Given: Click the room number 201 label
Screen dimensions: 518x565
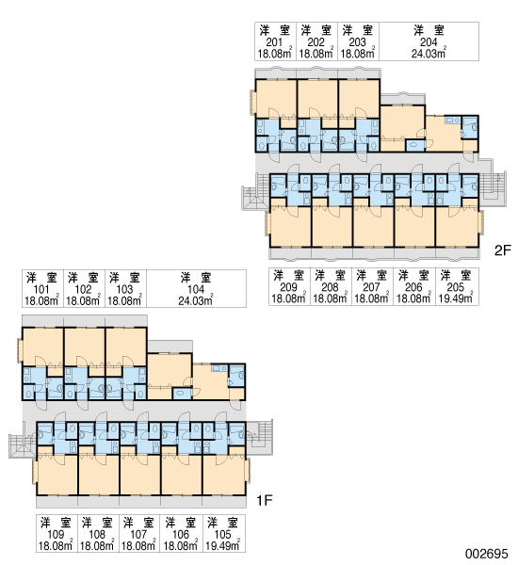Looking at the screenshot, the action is (x=274, y=42).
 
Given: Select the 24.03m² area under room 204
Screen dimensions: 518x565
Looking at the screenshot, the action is (x=429, y=54).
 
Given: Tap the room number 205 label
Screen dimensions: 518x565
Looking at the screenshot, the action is (x=456, y=287).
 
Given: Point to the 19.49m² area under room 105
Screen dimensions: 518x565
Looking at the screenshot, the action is (x=223, y=545).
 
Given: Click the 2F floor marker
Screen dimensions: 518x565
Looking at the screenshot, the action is (x=503, y=250).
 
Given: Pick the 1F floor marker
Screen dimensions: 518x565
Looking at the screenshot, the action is (x=265, y=500).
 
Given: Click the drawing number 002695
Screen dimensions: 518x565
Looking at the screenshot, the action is (x=486, y=553).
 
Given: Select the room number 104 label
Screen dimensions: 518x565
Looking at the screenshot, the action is (x=196, y=289).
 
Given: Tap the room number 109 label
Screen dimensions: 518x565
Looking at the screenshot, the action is (x=56, y=534).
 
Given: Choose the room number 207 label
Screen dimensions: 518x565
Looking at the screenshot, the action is (x=372, y=287).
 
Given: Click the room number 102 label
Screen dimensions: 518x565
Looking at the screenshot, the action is (x=83, y=289).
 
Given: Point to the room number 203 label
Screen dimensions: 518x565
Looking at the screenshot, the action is (x=357, y=42).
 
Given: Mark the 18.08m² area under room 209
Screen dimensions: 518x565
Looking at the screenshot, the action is (x=288, y=299).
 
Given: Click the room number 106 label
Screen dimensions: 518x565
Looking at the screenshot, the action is (x=181, y=534).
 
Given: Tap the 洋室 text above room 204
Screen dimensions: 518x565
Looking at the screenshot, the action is (x=429, y=31).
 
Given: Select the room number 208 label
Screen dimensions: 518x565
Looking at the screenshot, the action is (x=330, y=287).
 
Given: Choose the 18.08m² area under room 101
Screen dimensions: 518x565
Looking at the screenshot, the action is (x=41, y=300).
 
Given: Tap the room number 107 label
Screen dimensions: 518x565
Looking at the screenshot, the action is (x=138, y=534).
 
